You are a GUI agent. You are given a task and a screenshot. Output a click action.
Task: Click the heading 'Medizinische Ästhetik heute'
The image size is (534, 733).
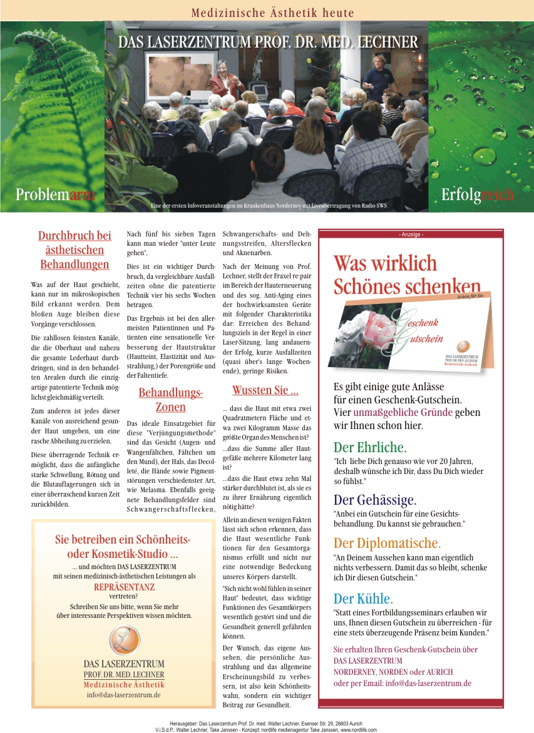[x=272, y=13]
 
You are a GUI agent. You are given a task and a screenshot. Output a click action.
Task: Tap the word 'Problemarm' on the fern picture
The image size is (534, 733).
[x=55, y=195]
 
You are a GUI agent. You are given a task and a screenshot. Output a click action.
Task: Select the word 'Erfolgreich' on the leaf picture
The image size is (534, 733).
[x=477, y=195]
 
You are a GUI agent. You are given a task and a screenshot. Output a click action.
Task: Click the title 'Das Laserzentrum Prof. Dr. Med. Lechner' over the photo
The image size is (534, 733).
[x=268, y=43]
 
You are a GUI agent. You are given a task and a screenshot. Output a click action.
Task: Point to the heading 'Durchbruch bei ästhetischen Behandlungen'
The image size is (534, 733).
[x=74, y=250]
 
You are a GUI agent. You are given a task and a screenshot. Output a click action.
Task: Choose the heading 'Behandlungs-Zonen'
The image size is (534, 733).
[x=170, y=400]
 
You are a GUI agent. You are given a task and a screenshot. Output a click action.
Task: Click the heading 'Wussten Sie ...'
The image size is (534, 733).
[x=265, y=390]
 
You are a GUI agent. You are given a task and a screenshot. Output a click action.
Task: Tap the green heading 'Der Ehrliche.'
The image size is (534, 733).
[x=370, y=447]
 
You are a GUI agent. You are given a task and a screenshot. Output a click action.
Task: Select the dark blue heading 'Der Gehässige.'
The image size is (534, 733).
[x=375, y=500]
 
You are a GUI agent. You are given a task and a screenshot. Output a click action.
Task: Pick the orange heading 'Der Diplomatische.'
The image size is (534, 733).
[x=387, y=542]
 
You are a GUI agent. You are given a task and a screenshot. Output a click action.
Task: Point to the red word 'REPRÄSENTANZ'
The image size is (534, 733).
[x=124, y=587]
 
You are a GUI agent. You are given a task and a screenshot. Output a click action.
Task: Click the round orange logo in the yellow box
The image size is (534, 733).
[x=124, y=639]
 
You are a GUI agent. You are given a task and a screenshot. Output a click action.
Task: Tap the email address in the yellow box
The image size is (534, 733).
[x=124, y=694]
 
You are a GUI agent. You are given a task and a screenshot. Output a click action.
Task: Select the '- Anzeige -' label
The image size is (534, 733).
[x=411, y=234]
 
